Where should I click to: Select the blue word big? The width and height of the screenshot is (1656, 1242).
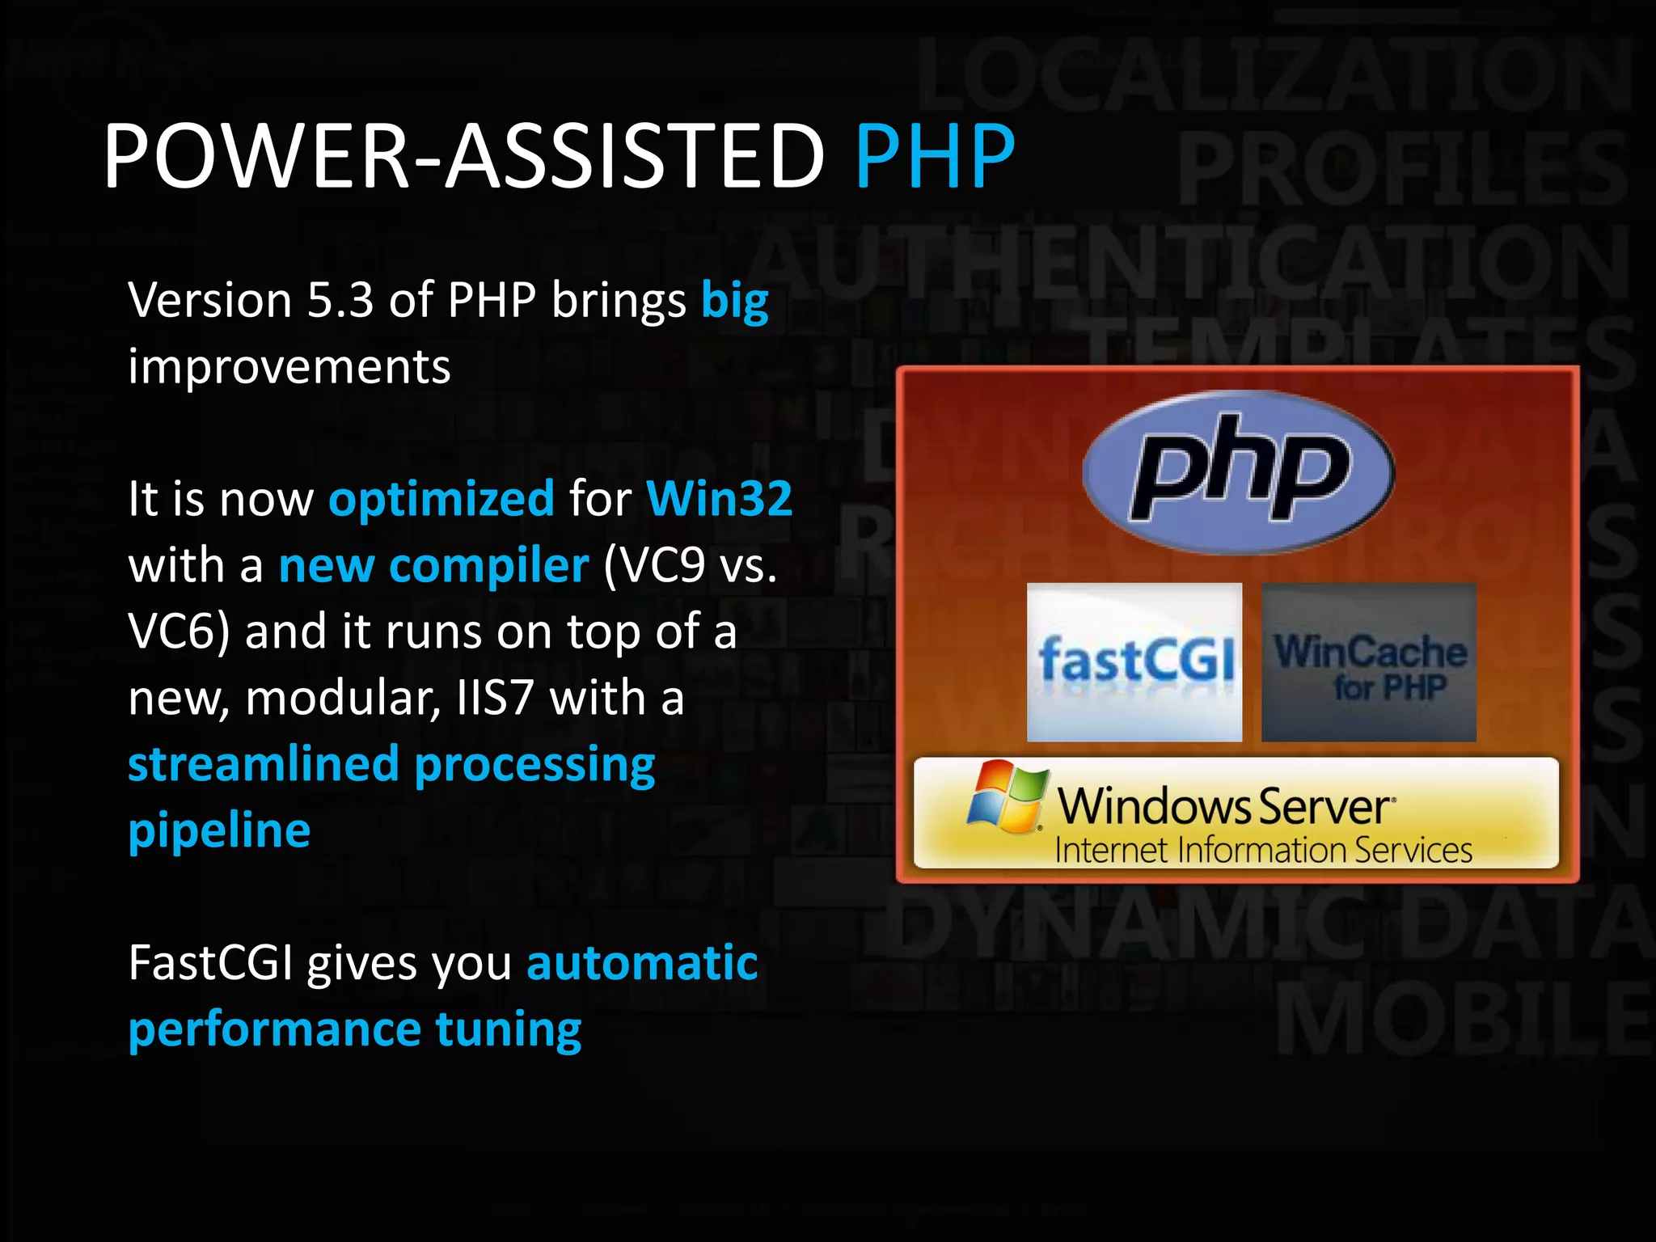pyautogui.click(x=734, y=302)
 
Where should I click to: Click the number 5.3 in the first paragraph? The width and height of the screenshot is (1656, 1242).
pyautogui.click(x=340, y=300)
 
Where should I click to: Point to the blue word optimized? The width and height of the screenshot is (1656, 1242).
pyautogui.click(x=441, y=499)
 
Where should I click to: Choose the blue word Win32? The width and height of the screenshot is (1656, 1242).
pyautogui.click(x=719, y=498)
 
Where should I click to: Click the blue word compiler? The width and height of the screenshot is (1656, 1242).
pyautogui.click(x=488, y=565)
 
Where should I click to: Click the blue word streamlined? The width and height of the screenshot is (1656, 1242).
pyautogui.click(x=264, y=764)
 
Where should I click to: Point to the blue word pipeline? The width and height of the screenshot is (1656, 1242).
pyautogui.click(x=219, y=831)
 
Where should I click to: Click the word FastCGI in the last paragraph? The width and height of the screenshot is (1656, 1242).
pyautogui.click(x=210, y=963)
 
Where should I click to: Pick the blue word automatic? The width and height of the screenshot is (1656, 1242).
pyautogui.click(x=642, y=963)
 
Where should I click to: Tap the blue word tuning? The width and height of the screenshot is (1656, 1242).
pyautogui.click(x=508, y=1030)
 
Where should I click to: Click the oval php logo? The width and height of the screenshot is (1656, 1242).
pyautogui.click(x=1238, y=472)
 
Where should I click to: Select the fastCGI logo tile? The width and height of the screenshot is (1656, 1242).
pyautogui.click(x=1134, y=662)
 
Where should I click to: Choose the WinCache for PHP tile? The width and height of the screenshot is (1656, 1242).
pyautogui.click(x=1369, y=662)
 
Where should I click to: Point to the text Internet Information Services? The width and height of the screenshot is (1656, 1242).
pyautogui.click(x=1263, y=851)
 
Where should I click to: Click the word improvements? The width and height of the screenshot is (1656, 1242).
pyautogui.click(x=289, y=367)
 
